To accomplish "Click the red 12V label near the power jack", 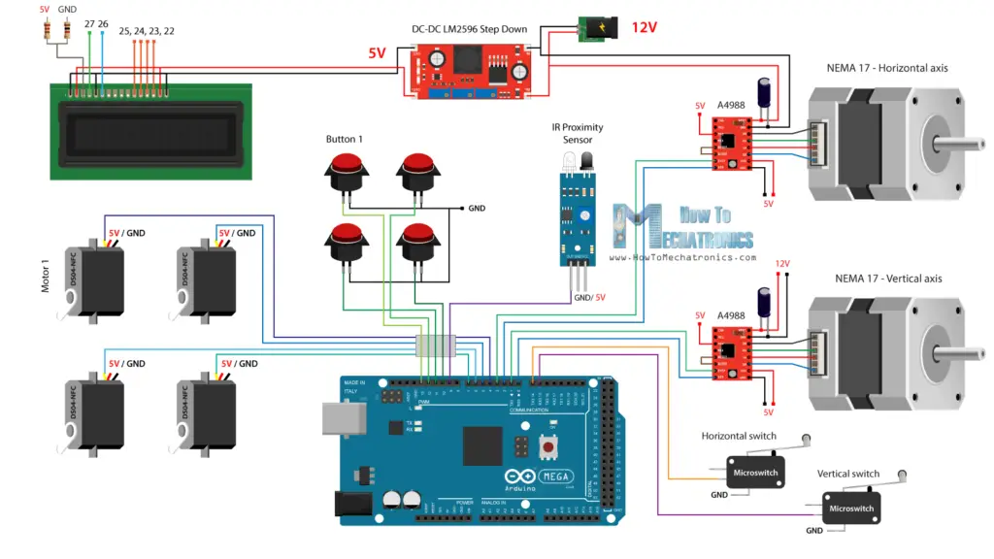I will click(x=645, y=27).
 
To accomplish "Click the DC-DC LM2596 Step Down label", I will click(x=469, y=29).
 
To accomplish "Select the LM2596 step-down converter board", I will click(x=468, y=73).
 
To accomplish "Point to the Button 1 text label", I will click(x=345, y=140).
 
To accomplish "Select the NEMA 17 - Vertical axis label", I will click(x=888, y=279).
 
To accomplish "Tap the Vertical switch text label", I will click(x=847, y=475).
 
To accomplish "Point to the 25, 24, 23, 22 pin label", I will click(x=147, y=31).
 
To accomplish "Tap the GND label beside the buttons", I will click(x=477, y=208).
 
